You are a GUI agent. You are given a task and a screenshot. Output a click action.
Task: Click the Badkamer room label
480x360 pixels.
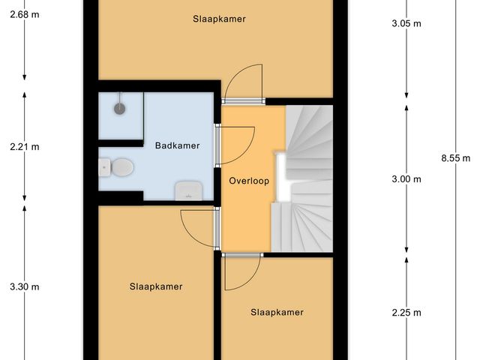point(177,145)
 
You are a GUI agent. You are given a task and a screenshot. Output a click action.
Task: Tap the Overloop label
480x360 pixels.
point(249,181)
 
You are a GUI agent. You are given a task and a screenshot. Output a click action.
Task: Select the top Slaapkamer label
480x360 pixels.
point(218,19)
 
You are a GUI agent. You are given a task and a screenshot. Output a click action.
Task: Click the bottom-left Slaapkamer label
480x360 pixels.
point(156,286)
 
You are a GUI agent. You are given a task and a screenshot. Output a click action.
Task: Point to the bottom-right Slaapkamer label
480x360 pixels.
point(277,312)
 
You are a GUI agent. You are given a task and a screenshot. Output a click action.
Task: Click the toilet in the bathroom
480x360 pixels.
point(118,166)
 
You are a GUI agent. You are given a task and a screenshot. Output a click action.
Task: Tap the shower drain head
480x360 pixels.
point(119,108)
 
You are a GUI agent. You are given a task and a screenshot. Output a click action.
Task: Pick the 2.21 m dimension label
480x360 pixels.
point(24,147)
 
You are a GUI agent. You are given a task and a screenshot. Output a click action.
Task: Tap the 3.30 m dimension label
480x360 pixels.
point(24,286)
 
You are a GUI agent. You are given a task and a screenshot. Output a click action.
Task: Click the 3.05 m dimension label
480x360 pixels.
point(406,23)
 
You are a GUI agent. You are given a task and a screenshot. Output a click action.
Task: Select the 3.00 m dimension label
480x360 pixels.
point(406,179)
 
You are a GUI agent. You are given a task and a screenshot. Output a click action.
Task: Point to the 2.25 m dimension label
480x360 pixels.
point(406,313)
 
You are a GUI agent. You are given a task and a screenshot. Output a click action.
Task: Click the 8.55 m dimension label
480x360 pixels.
point(455,158)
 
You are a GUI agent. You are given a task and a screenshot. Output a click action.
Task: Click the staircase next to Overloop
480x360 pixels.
point(304,180)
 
